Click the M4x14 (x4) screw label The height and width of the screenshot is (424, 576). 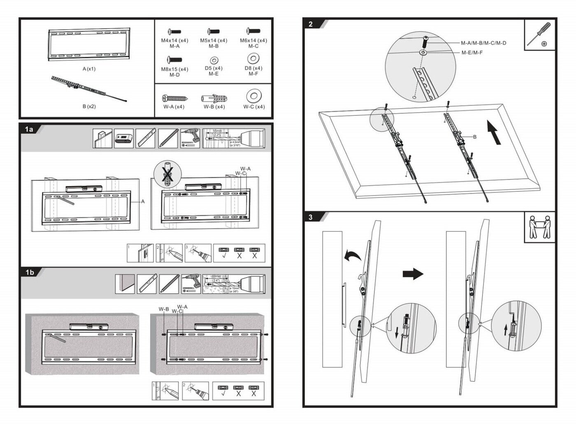coord(174,40)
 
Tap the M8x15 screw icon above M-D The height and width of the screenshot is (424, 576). coord(174,60)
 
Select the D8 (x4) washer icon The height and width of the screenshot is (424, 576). coord(253,58)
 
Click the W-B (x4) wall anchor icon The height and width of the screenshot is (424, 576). coord(214,99)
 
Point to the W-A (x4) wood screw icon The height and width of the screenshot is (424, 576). coord(174,99)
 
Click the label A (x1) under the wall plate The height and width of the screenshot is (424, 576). coord(89,69)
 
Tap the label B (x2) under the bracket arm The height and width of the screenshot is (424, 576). coord(89,106)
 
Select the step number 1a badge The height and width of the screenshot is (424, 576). coord(29,129)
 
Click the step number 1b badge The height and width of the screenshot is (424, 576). coord(30,272)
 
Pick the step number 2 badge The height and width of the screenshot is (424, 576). coord(311,24)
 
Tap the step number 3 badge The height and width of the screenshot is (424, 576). coord(311,217)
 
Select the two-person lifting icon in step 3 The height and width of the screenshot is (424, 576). coord(540,227)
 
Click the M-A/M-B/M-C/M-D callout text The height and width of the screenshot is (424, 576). coord(483,43)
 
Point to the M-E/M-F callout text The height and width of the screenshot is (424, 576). coord(472,52)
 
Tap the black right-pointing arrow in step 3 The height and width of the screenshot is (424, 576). coord(413,274)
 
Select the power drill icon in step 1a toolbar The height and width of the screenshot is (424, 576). coord(190,138)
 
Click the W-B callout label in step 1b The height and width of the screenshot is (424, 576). coord(164,309)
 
